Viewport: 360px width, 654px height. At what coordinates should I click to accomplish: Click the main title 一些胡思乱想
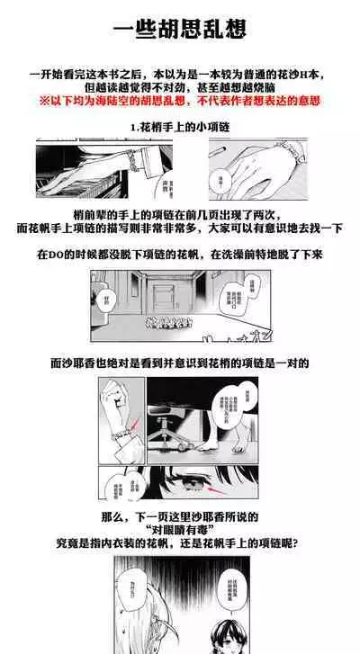click(180, 29)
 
